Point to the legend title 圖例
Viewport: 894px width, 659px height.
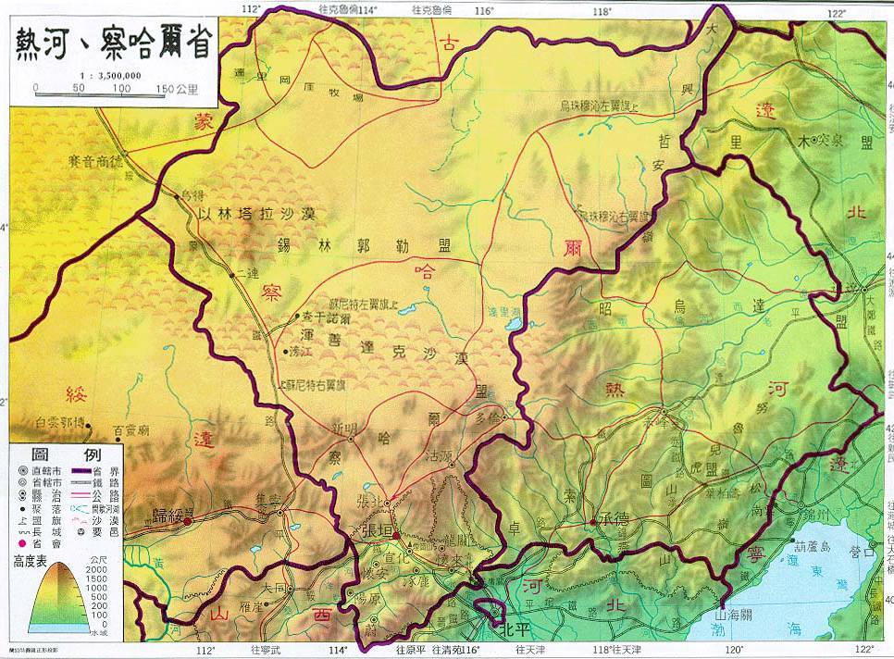click(65, 455)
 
